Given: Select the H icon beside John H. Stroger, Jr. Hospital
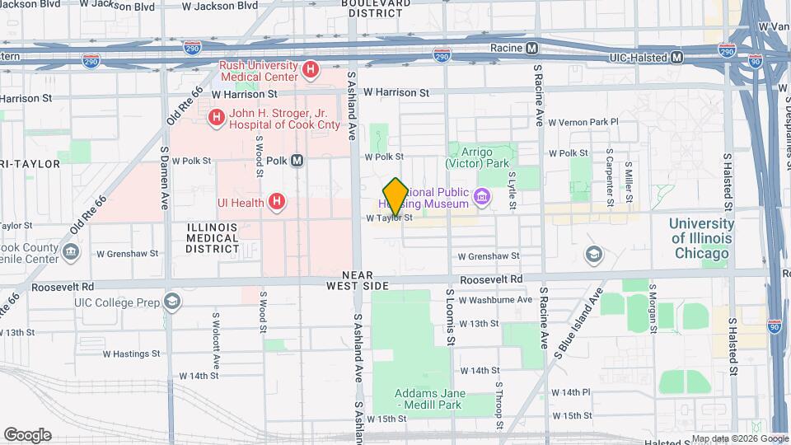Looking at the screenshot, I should click(x=217, y=118).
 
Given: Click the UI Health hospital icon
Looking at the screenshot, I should click(x=278, y=202).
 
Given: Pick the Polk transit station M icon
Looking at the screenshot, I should click(x=297, y=161).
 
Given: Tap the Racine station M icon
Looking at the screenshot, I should click(x=532, y=48).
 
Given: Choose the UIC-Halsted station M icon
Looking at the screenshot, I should click(x=676, y=57).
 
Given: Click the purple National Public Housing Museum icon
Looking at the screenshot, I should click(x=482, y=198).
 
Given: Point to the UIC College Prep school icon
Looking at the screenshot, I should click(x=171, y=302).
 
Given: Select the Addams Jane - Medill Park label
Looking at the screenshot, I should click(x=429, y=399).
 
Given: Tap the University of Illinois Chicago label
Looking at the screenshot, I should click(x=701, y=238).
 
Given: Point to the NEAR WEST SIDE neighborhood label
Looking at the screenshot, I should click(x=357, y=280).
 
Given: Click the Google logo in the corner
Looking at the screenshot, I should click(x=27, y=435).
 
